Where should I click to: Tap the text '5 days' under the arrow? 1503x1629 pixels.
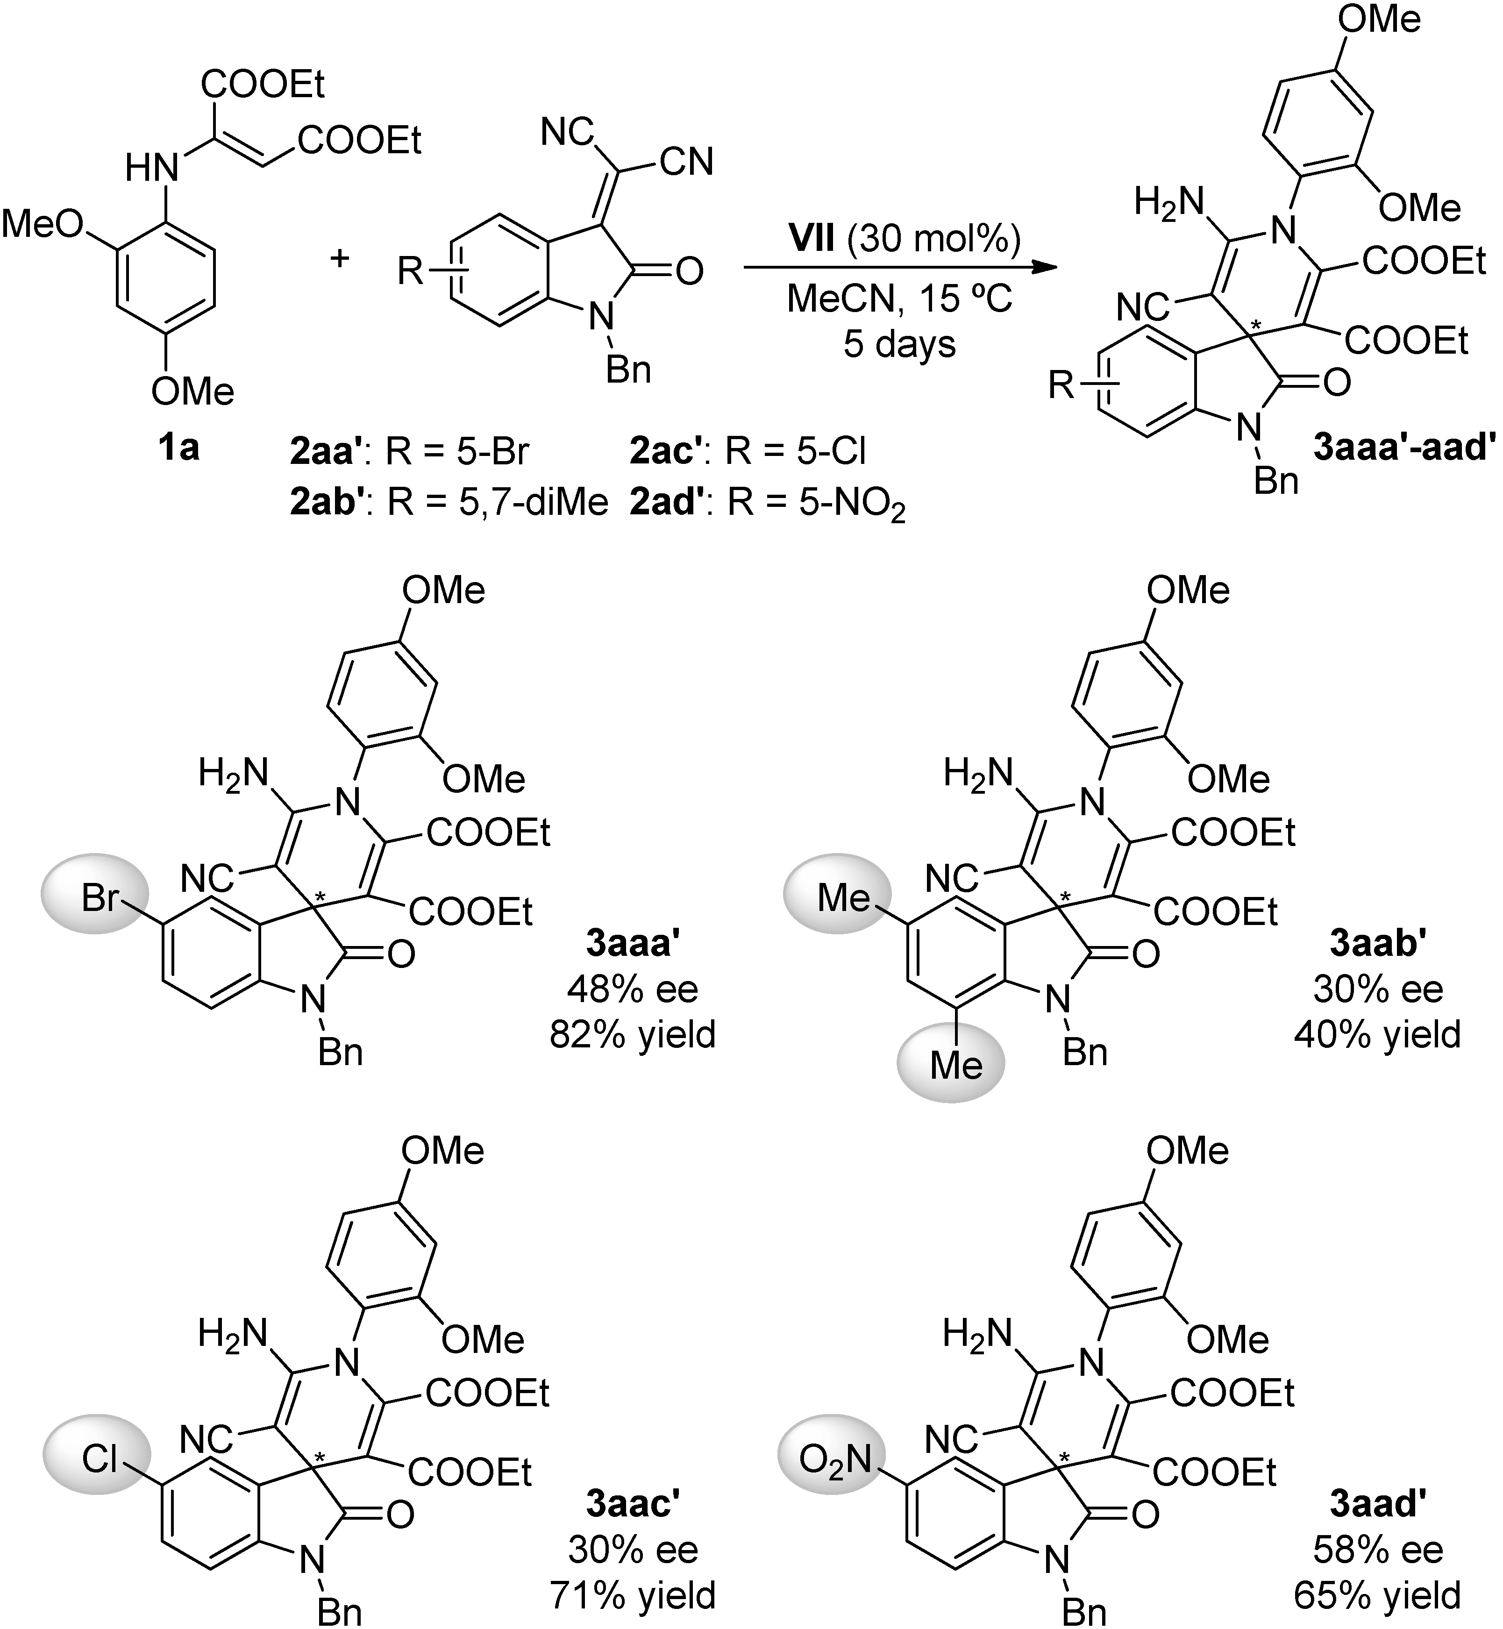pyautogui.click(x=899, y=344)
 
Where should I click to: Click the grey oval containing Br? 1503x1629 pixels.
pyautogui.click(x=95, y=899)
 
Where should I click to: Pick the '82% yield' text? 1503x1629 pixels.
pyautogui.click(x=633, y=1034)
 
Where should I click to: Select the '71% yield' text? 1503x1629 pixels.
pyautogui.click(x=633, y=1595)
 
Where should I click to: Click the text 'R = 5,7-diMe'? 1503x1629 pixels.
pyautogui.click(x=498, y=504)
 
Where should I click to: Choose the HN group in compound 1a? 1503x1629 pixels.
pyautogui.click(x=152, y=169)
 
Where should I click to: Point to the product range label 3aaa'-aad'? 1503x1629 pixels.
pyautogui.click(x=1404, y=447)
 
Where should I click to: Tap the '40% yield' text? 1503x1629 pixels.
pyautogui.click(x=1378, y=1034)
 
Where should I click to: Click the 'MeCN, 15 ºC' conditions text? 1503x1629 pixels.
pyautogui.click(x=899, y=300)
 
